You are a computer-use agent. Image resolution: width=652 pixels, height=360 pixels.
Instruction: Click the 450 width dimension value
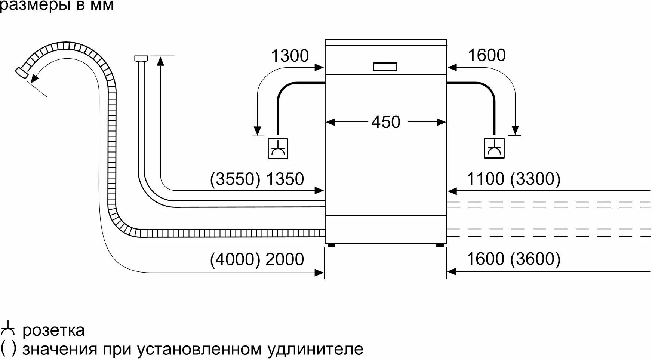point(385,122)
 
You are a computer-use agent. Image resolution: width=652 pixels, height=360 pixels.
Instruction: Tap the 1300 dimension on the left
point(290,56)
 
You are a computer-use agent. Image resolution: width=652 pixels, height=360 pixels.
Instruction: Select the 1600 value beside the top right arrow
point(486,55)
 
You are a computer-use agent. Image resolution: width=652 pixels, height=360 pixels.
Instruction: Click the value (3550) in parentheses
point(235,179)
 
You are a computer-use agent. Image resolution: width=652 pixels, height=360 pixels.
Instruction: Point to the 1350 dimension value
point(285,179)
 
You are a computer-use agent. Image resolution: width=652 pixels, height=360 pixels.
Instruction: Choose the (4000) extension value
point(235,259)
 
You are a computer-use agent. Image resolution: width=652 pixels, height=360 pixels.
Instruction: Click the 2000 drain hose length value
point(285,259)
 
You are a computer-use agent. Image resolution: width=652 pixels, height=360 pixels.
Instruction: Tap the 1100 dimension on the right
point(485,179)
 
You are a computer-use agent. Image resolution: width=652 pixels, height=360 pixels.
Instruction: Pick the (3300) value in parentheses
point(535,179)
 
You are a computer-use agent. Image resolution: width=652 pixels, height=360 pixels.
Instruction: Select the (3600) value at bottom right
point(535,259)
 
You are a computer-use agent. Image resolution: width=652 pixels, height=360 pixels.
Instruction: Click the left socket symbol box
point(278,148)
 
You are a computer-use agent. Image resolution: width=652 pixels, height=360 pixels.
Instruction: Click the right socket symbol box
point(494,148)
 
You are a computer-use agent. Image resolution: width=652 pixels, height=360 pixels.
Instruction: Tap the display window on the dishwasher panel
point(385,67)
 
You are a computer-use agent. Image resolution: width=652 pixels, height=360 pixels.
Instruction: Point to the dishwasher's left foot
point(330,245)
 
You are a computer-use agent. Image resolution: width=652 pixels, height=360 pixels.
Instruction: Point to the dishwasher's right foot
point(440,245)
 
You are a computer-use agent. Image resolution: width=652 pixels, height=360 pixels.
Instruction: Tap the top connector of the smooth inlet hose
point(141,58)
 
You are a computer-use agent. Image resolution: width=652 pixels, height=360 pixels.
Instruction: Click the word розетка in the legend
point(53,330)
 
